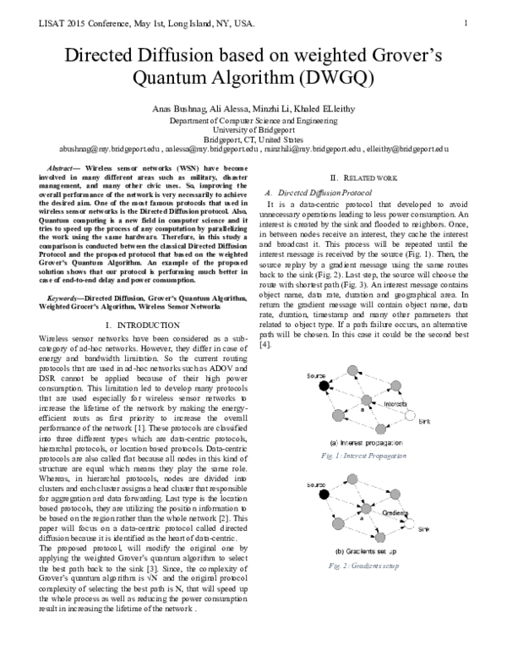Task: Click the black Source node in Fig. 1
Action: click(x=322, y=386)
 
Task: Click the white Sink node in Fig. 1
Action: click(x=412, y=416)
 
